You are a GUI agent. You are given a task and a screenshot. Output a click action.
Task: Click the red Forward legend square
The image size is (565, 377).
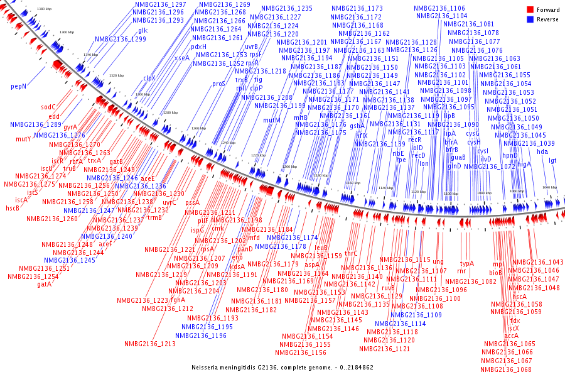coord(530,10)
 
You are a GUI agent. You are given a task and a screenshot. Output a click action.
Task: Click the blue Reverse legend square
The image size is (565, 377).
coord(530,19)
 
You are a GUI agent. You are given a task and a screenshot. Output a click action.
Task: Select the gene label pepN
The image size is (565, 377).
coord(18,86)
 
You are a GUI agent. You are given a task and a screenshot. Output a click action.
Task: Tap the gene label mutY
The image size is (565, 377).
coord(23,139)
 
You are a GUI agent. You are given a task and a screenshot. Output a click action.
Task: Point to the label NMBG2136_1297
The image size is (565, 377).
coord(160,4)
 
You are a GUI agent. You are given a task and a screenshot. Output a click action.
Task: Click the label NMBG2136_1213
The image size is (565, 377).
coord(149,344)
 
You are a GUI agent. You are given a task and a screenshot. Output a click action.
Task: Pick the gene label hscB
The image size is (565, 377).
coord(13,208)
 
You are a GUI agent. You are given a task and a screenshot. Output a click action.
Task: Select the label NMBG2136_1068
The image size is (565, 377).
coord(507,369)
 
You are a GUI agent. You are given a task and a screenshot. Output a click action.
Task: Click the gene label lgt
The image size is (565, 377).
coord(552,160)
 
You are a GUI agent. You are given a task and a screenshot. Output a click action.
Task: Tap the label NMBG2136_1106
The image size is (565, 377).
coord(439,8)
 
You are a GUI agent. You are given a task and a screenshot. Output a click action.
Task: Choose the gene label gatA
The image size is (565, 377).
coord(44,284)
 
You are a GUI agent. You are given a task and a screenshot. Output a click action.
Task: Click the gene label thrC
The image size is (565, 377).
coord(351,253)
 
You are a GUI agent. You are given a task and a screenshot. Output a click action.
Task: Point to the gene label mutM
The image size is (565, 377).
coord(272,120)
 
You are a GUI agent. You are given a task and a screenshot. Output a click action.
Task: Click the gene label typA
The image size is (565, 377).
coord(467,264)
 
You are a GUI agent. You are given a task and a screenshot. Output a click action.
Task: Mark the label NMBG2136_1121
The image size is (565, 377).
coord(385,349)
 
